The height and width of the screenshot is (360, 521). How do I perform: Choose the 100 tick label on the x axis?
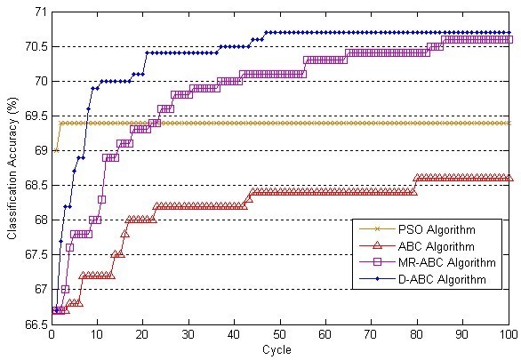coord(508,335)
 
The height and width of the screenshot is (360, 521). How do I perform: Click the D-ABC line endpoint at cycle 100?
coord(508,33)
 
